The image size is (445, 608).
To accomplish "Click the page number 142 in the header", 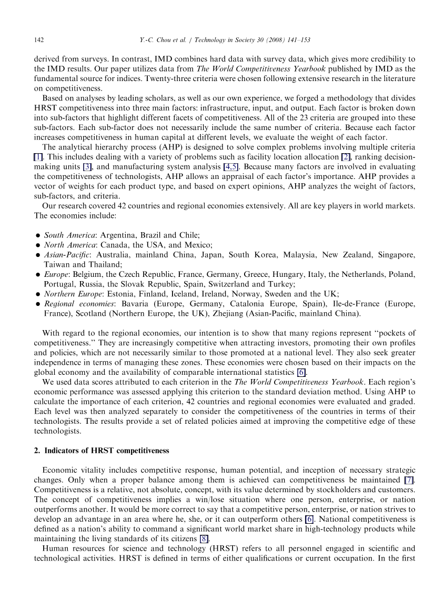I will tap(38, 40).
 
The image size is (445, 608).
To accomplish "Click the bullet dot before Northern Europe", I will tap(38, 294).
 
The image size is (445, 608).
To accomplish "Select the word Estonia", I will tap(137, 294).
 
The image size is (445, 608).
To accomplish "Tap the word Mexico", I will tap(198, 245).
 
